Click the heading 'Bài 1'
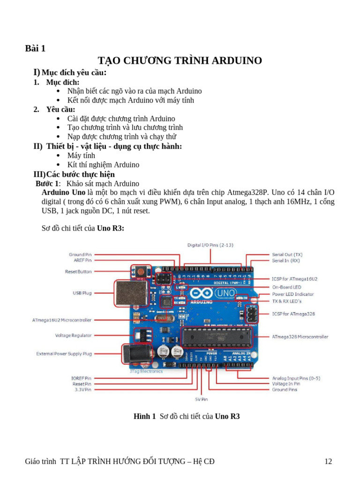click(35, 48)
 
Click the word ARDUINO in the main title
click(231, 60)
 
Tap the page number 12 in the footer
click(328, 462)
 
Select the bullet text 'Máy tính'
click(81, 155)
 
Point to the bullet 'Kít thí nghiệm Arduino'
click(103, 165)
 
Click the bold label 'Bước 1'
click(47, 183)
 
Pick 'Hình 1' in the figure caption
click(144, 416)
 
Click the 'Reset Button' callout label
click(78, 272)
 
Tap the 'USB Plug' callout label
click(82, 293)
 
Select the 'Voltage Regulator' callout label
click(73, 336)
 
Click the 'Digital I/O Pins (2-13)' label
click(210, 245)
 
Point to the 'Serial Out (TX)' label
click(287, 254)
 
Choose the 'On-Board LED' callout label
click(286, 287)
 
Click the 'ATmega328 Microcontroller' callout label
click(300, 337)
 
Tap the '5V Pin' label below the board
click(201, 399)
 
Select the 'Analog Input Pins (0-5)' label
click(296, 378)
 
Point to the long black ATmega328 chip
click(216, 337)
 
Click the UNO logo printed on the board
click(223, 293)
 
